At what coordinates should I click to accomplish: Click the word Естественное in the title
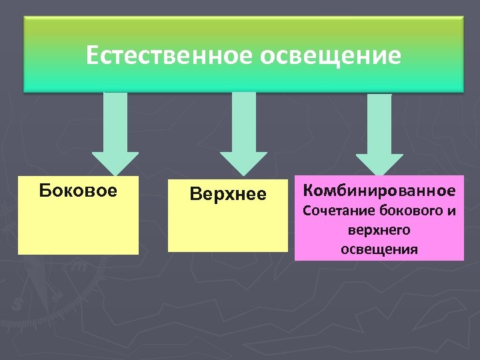tap(169, 55)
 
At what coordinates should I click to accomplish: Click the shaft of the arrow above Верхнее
tap(243, 120)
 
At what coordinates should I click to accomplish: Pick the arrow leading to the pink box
tap(379, 133)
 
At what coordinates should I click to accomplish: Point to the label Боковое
tap(78, 191)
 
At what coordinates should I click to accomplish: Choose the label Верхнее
tap(228, 194)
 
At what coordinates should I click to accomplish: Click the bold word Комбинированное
tap(379, 191)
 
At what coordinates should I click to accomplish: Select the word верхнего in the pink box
tap(379, 231)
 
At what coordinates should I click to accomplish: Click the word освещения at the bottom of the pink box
tap(379, 249)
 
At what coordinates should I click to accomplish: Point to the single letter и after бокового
tap(451, 212)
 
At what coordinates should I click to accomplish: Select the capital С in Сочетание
tap(307, 212)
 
